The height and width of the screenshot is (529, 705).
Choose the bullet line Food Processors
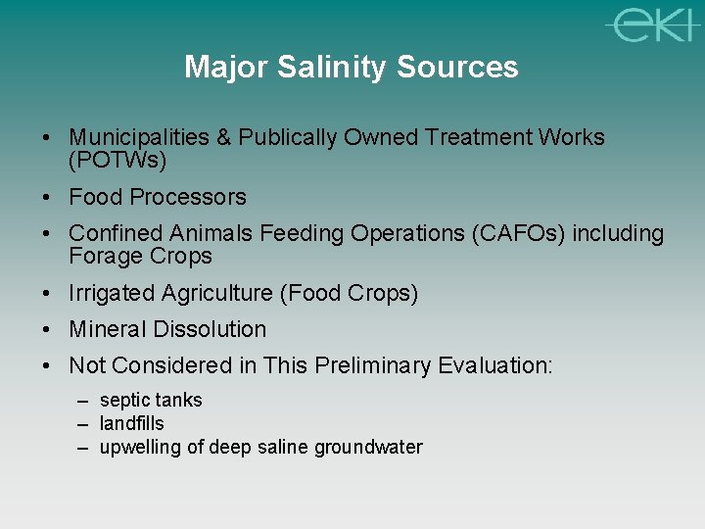point(157,197)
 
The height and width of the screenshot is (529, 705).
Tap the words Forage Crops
point(140,257)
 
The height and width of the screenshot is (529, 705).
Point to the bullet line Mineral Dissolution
point(166,329)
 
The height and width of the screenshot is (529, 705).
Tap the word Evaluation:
point(495,365)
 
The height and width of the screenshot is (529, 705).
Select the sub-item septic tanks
point(151,400)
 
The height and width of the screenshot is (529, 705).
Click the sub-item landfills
point(131,423)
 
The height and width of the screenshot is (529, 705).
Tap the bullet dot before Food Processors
point(47,197)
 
